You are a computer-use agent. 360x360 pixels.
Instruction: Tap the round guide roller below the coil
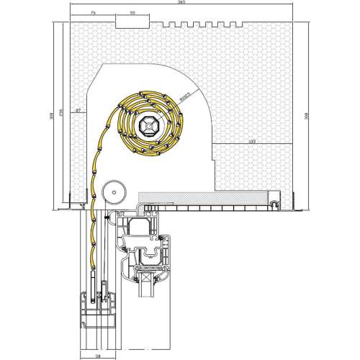click(112, 193)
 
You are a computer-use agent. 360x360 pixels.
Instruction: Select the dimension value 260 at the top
click(180, 4)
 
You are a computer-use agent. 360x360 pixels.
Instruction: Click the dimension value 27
click(78, 109)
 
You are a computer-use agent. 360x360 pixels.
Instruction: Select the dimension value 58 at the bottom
click(97, 356)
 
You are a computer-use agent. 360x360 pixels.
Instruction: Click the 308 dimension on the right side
click(307, 115)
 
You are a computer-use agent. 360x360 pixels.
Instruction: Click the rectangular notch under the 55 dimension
click(132, 25)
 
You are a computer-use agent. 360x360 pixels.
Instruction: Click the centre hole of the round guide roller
click(112, 193)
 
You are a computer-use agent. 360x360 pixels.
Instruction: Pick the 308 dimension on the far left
click(53, 115)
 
